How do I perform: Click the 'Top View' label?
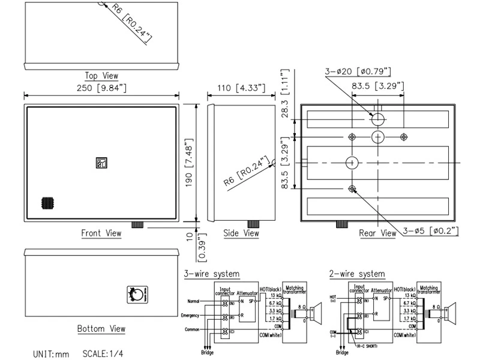pyautogui.click(x=101, y=76)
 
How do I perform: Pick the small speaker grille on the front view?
pyautogui.click(x=47, y=202)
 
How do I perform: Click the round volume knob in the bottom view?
pyautogui.click(x=136, y=294)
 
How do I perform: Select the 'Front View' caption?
pyautogui.click(x=101, y=233)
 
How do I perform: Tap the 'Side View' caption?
pyautogui.click(x=241, y=233)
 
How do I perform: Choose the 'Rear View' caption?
pyautogui.click(x=377, y=233)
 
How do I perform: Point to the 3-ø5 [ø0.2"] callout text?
pyautogui.click(x=430, y=231)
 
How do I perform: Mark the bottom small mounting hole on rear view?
pyautogui.click(x=352, y=189)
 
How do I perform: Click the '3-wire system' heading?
pyautogui.click(x=212, y=274)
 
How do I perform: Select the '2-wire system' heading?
pyautogui.click(x=356, y=274)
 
